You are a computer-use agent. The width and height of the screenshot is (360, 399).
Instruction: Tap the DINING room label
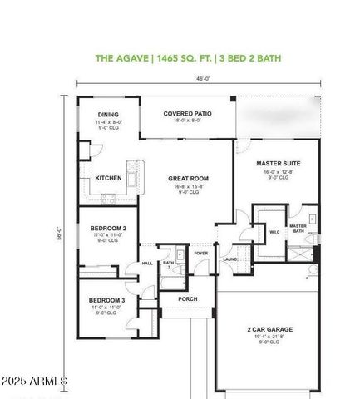click(x=108, y=115)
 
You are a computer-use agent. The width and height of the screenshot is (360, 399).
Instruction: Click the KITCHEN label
click(x=108, y=178)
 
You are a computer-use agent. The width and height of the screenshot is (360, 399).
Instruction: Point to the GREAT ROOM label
click(x=188, y=178)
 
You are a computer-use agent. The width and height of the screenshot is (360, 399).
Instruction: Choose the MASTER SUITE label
click(x=278, y=164)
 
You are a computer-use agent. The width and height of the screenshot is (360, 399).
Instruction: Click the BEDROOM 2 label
click(x=108, y=228)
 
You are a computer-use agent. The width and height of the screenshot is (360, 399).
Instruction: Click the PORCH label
click(x=188, y=298)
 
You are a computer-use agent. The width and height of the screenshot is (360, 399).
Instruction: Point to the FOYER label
click(x=200, y=252)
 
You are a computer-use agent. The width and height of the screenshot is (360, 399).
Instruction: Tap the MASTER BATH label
click(x=298, y=228)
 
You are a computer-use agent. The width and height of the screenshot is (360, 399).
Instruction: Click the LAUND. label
click(x=230, y=259)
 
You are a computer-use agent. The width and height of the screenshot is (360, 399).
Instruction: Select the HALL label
click(x=146, y=264)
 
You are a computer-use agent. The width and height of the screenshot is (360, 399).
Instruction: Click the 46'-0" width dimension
click(x=201, y=80)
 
